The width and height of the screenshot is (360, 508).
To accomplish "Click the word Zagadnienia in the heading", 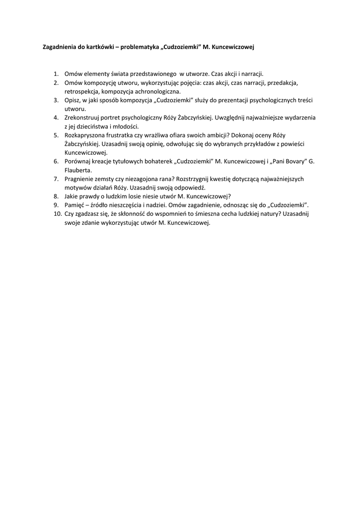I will (x=58, y=48).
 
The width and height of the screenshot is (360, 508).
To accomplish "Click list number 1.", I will (x=57, y=73).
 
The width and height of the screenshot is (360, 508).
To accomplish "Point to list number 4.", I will (x=57, y=118).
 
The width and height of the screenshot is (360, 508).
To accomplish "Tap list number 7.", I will (x=57, y=179).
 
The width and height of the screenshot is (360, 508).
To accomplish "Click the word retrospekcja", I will (x=81, y=92).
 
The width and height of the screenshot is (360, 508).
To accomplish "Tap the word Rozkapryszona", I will (x=86, y=135).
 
